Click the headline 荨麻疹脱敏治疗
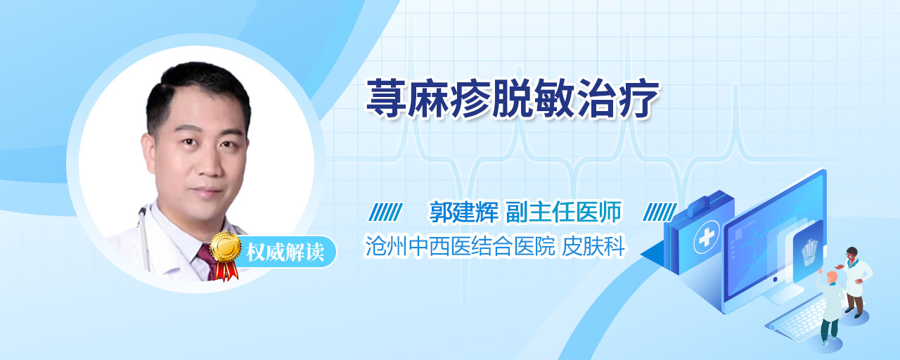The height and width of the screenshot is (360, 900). tap(513, 99)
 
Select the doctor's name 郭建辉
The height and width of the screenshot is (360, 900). tap(464, 212)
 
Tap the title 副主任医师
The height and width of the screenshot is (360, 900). tap(564, 212)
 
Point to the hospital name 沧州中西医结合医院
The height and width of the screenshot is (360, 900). tap(460, 246)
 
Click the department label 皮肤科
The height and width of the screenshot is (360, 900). tap(593, 246)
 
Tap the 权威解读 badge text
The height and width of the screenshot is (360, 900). tap(285, 252)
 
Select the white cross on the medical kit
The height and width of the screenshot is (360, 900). tap(707, 237)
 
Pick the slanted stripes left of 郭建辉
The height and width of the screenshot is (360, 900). tap(385, 212)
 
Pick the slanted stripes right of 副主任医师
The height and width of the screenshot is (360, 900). tap(660, 212)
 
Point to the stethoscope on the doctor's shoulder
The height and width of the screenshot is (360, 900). tap(143, 237)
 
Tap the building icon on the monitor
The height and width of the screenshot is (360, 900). tap(809, 250)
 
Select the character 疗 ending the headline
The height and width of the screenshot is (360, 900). tap(639, 99)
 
